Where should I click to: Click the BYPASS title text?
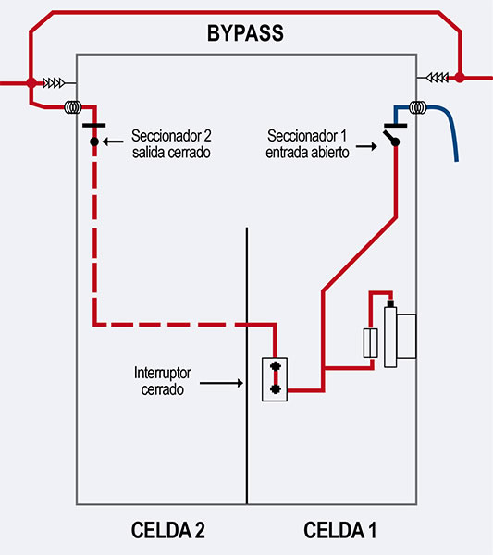245,33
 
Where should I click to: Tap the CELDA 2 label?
167,530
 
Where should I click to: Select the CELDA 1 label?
339,530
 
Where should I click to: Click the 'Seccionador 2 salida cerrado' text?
171,143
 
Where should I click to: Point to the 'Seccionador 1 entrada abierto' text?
307,143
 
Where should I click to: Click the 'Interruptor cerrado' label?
163,381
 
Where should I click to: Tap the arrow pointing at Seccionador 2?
113,142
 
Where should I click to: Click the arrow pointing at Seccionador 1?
366,146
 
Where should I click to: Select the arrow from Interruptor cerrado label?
221,383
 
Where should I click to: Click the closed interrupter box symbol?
275,379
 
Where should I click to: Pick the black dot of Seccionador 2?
94,142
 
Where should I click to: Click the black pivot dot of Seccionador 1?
395,142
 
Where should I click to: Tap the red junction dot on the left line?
31,83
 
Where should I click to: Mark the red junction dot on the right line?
460,78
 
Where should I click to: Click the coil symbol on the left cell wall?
73,107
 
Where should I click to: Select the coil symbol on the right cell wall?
418,107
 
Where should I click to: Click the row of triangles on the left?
54,83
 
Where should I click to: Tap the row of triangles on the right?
438,78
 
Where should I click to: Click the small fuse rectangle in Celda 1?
371,343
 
